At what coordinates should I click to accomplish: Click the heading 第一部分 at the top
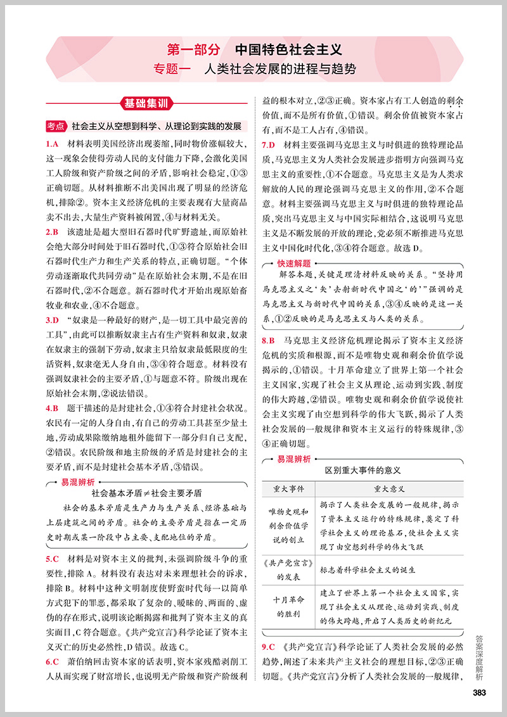tap(193, 49)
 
